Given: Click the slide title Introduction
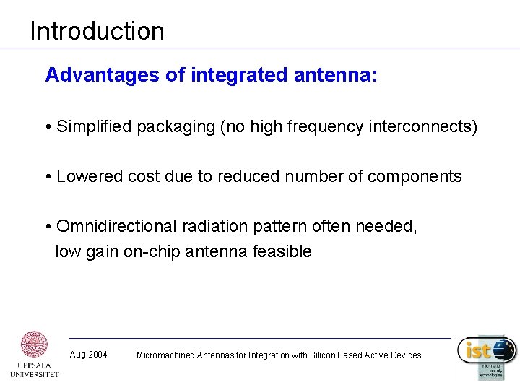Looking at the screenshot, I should point(97,31).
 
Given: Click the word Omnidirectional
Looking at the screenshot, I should point(116,226).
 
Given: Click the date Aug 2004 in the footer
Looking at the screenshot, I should point(88,355).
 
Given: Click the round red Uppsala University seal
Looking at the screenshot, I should point(35,345).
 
